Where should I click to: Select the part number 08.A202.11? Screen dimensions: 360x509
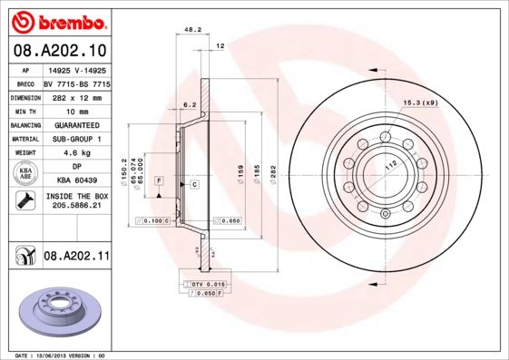point(76,257)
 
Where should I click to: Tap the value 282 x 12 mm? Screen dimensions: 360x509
point(75,96)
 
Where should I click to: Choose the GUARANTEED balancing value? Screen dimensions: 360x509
point(75,125)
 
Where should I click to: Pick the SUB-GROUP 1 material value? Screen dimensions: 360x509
point(75,139)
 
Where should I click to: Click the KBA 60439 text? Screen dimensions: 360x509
point(75,181)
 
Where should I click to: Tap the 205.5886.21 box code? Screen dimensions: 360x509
point(75,207)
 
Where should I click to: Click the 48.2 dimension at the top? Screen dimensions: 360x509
point(192,30)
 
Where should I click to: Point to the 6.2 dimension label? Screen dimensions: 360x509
point(190,105)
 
